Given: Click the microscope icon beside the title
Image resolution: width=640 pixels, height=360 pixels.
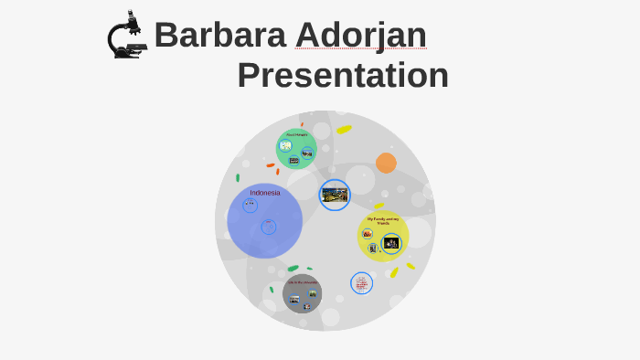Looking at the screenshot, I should pos(127,37).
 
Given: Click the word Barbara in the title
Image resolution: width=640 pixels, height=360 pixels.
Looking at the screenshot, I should pos(219,35).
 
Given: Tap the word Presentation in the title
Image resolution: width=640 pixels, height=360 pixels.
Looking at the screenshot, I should pos(343,75).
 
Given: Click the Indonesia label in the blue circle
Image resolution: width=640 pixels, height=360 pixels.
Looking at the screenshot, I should pos(265,193).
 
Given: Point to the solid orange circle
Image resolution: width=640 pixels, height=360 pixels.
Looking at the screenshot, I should pos(386,163).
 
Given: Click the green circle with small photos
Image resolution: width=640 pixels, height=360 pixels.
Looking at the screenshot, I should pos(296,149).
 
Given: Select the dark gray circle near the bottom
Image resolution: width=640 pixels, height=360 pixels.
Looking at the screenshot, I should pos(302,293).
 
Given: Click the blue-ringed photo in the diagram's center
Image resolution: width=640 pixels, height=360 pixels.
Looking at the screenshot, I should pos(335,195).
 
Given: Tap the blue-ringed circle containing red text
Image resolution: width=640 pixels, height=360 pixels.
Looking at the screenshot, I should pos(361,283).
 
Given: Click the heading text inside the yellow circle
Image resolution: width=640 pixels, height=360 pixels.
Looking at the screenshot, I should pos(383,220).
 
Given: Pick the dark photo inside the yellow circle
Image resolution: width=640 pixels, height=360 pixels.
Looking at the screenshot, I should pos(391,243).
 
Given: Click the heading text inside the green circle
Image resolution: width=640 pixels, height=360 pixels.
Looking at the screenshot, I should pos(296,134).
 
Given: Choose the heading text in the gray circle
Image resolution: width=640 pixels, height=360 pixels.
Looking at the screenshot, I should pos(302,281).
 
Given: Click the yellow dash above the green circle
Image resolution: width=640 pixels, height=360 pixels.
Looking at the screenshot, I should pos(344,130).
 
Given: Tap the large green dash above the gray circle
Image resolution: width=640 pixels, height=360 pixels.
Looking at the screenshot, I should pos(293,268).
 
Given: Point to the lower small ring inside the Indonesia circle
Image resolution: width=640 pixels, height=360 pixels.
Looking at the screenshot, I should pos(268,227).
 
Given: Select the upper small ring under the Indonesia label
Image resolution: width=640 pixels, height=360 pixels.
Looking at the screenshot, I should pos(250,206).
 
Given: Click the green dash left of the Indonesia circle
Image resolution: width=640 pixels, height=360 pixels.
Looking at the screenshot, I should pos(238,177).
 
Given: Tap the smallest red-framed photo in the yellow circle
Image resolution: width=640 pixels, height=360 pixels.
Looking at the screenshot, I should pos(368,234).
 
